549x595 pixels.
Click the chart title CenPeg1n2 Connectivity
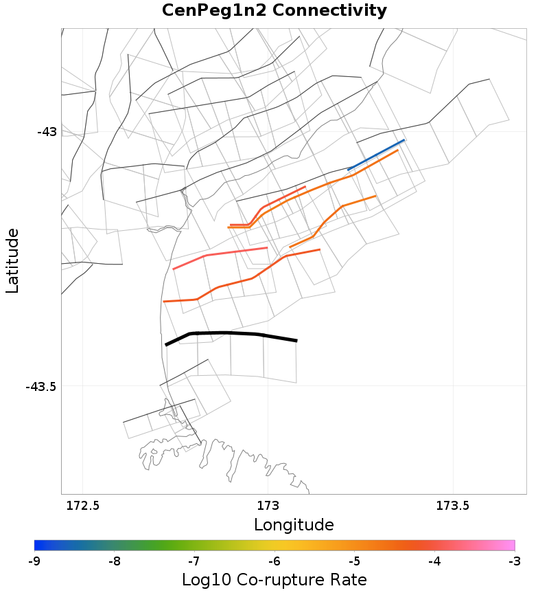coord(274,11)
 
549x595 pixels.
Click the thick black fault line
coord(226,333)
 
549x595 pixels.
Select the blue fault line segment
coord(376,155)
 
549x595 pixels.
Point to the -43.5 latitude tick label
coord(40,386)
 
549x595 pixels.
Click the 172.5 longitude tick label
coord(82,506)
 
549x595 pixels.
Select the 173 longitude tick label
coord(267,506)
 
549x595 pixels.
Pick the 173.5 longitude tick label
coord(452,506)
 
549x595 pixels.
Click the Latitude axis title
coord(12,261)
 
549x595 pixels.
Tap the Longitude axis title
coord(294,526)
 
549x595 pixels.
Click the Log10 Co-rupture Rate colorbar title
coord(274,579)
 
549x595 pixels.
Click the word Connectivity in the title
coord(328,11)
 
